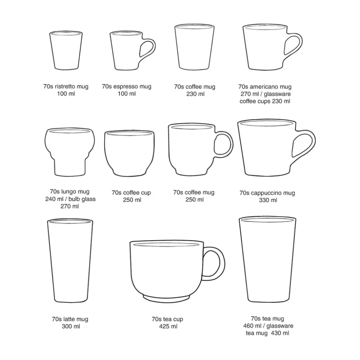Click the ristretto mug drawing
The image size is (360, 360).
[x=66, y=50]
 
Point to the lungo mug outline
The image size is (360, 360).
[x=70, y=152]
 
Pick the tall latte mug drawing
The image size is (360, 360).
[x=70, y=261]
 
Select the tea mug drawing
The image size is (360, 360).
[x=267, y=259]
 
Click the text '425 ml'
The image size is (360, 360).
[x=168, y=326]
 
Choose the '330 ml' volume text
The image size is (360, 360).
[x=268, y=200]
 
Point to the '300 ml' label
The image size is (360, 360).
[x=71, y=326]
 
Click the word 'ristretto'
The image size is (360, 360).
[x=65, y=86]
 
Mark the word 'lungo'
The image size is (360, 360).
[x=69, y=192]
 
